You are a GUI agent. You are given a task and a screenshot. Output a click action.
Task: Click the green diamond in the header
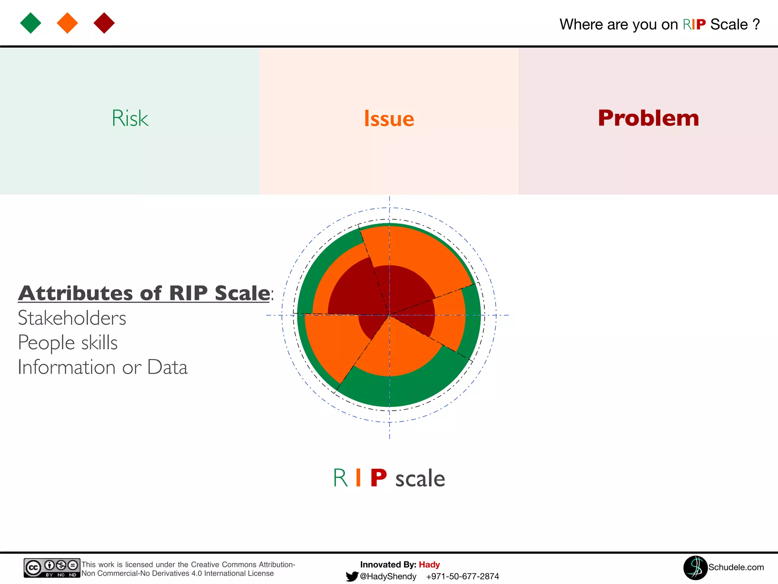pos(31,23)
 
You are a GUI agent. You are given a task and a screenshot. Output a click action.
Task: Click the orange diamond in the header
pos(67,23)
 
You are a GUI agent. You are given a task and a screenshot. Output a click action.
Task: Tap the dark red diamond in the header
pos(104,23)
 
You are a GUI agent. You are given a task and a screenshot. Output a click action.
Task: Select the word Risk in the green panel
pos(130,118)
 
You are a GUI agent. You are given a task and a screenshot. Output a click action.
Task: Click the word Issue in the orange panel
pos(389,119)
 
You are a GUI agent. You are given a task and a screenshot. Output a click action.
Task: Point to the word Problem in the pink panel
pos(648,118)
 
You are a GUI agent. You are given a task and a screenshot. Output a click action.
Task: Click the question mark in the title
pos(756,24)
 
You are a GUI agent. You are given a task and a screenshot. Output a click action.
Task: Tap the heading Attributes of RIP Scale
pos(144,293)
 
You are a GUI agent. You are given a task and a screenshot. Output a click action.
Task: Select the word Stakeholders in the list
pos(72,318)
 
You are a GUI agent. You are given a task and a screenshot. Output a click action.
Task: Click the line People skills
pos(68,343)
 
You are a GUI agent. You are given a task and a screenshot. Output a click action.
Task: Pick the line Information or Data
pos(103,367)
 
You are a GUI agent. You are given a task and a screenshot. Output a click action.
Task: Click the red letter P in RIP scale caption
pos(378,478)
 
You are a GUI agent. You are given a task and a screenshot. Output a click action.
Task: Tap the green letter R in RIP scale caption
pos(340,478)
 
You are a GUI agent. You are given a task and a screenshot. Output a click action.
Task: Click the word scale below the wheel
pos(420,479)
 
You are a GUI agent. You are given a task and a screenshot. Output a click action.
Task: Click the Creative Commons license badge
pos(52,568)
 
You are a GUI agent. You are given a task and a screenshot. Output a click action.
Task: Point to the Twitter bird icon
pos(352,576)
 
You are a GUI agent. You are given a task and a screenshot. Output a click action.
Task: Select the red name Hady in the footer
pos(429,565)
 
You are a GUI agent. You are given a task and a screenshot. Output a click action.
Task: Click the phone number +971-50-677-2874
pos(462,576)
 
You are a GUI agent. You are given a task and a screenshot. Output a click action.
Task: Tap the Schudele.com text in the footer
pos(736,567)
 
